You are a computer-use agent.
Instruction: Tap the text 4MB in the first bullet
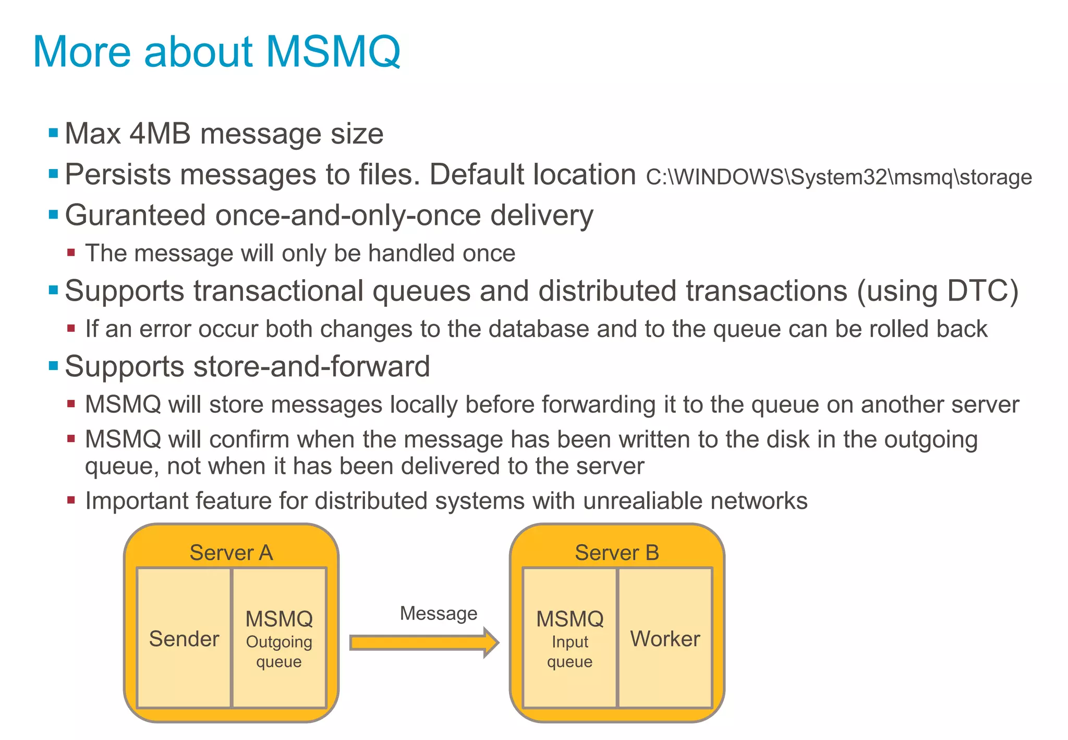click(x=160, y=134)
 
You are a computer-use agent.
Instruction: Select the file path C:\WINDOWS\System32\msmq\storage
click(x=839, y=177)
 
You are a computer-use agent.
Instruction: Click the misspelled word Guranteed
click(x=135, y=216)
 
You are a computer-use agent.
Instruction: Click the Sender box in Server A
click(x=184, y=638)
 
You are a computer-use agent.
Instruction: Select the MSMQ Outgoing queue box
click(x=279, y=638)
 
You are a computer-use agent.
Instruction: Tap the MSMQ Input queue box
click(x=569, y=638)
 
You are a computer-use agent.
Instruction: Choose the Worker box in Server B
click(x=665, y=638)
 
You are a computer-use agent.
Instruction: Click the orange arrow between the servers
click(x=422, y=642)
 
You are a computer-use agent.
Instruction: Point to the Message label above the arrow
click(x=438, y=613)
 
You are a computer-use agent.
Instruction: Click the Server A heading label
click(x=231, y=553)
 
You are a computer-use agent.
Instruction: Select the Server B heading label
click(x=617, y=553)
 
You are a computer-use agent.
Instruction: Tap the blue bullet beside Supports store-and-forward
click(x=53, y=365)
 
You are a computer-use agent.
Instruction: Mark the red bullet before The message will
click(x=71, y=253)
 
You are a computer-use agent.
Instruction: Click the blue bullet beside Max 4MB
click(x=53, y=133)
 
